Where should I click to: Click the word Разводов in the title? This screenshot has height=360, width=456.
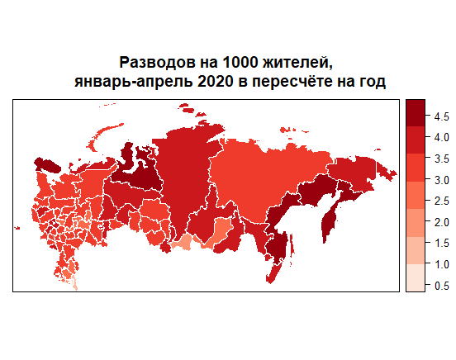pyautogui.click(x=153, y=63)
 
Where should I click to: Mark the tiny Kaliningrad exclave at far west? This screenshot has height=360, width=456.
pyautogui.click(x=17, y=229)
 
